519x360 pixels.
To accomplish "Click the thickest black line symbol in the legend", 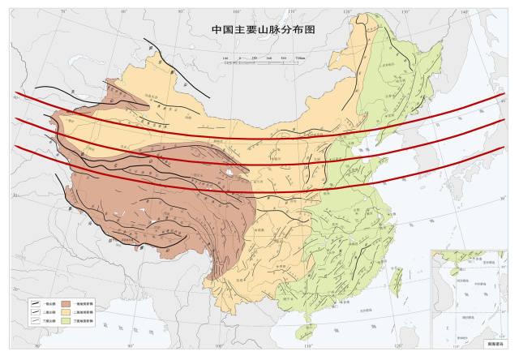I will (35, 302).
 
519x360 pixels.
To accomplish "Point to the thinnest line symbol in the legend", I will (35, 321).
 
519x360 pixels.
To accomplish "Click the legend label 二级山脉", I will (49, 311).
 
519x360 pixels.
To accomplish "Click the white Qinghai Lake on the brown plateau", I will (233, 172).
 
